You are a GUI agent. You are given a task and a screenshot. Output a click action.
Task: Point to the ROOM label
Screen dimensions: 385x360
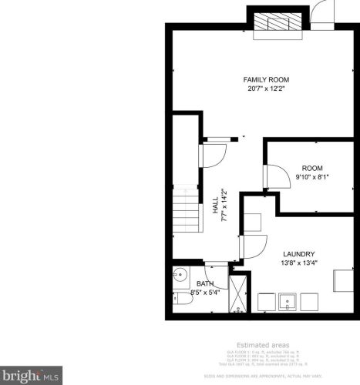pos(311,168)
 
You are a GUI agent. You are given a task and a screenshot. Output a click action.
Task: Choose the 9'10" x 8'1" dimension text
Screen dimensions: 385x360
pos(311,177)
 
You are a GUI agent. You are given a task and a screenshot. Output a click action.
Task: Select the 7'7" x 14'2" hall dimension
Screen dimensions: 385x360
pos(224,205)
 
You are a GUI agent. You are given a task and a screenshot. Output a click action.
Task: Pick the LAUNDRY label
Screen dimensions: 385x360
pos(298,254)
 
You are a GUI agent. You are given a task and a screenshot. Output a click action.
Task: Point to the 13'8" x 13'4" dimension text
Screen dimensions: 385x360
pos(298,263)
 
